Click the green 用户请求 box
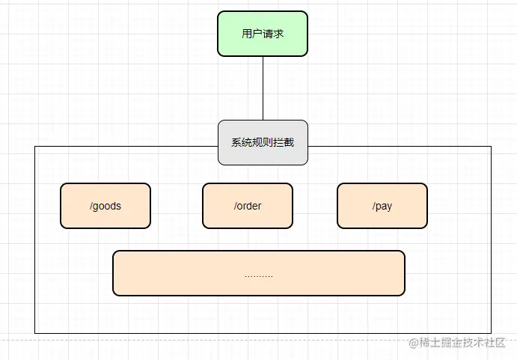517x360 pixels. click(263, 34)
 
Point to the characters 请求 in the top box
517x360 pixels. click(273, 34)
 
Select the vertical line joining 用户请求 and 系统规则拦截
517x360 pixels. click(263, 88)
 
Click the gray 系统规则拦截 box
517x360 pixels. click(263, 142)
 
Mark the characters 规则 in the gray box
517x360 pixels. click(263, 142)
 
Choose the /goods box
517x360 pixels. click(105, 206)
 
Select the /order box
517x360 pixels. click(248, 206)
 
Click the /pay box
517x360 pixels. click(382, 206)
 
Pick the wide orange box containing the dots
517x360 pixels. click(259, 273)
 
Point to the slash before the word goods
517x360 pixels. click(91, 206)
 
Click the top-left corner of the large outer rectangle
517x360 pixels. click(35, 147)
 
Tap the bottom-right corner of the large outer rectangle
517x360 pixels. click(491, 333)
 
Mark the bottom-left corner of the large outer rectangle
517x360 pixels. click(35, 333)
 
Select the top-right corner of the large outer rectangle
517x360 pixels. click(491, 147)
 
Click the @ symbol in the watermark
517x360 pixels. click(412, 343)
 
